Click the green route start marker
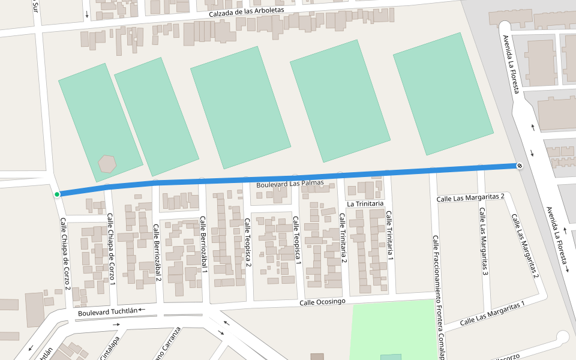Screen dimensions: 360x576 pyautogui.click(x=57, y=194)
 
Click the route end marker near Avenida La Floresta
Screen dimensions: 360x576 pyautogui.click(x=518, y=166)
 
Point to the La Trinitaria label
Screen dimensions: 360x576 pyautogui.click(x=365, y=204)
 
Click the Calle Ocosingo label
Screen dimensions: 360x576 pyautogui.click(x=322, y=301)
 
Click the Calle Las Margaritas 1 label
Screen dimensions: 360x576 pyautogui.click(x=492, y=313)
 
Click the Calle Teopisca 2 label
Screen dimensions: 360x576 pyautogui.click(x=247, y=242)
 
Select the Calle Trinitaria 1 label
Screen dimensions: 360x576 pyautogui.click(x=389, y=236)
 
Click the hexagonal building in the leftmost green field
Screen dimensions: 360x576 pyautogui.click(x=107, y=163)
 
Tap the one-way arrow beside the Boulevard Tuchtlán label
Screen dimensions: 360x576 pyautogui.click(x=142, y=310)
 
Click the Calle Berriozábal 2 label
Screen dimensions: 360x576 pyautogui.click(x=157, y=253)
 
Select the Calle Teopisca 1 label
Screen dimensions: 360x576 pyautogui.click(x=296, y=240)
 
